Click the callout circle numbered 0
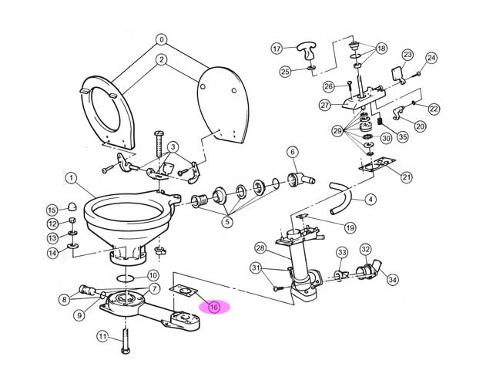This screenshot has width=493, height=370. coord(161,39)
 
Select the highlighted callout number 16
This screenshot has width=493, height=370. coord(214,307)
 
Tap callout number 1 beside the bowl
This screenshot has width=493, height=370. coord(71,179)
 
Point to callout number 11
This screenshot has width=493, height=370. coord(102,336)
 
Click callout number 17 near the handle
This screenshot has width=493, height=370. coord(277,49)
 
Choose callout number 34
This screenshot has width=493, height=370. coord(392,279)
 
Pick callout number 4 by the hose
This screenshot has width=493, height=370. coord(371,200)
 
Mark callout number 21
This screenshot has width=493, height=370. coord(407,177)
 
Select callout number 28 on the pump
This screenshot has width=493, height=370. coord(260,248)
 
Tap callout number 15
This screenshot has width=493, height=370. coord(52,210)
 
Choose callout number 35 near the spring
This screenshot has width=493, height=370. coord(401,138)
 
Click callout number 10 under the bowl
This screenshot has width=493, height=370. coord(153,275)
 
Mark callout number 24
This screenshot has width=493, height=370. coord(431,58)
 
